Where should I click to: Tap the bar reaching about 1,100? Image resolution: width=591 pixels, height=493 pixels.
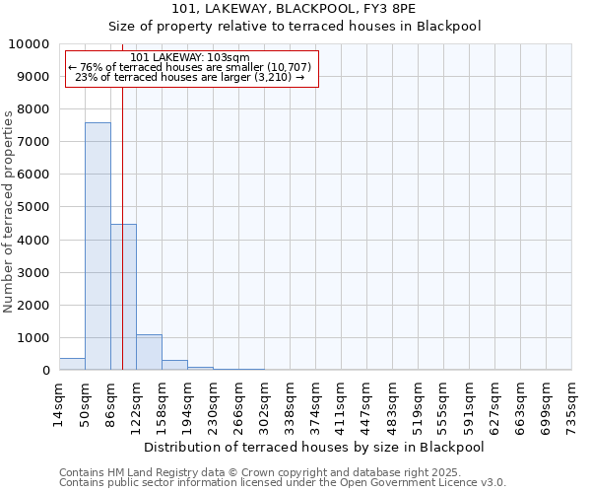point(149,352)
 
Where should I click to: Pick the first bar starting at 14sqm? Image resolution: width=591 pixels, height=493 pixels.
point(72,364)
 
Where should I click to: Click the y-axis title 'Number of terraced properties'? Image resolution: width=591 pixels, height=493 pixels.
point(10,211)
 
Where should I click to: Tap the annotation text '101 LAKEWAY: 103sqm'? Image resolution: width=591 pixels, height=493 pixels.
point(189,58)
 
